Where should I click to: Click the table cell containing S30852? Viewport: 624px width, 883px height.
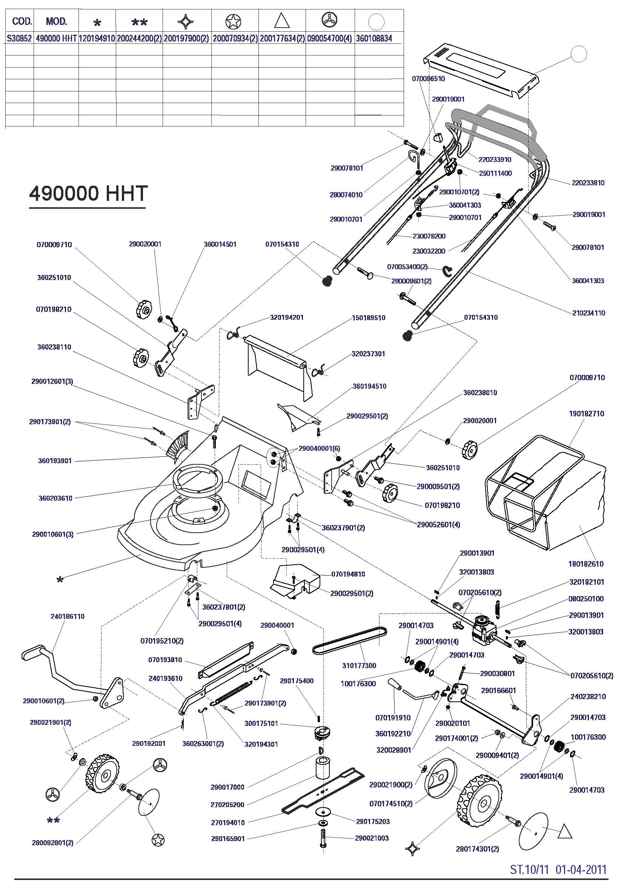pyautogui.click(x=19, y=39)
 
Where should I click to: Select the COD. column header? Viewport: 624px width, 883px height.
pyautogui.click(x=22, y=21)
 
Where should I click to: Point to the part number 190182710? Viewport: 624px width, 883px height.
pyautogui.click(x=586, y=414)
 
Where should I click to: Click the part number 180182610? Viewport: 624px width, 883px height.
pyautogui.click(x=586, y=564)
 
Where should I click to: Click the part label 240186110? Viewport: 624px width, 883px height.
pyautogui.click(x=67, y=616)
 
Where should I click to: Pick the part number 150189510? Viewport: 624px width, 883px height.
pyautogui.click(x=368, y=318)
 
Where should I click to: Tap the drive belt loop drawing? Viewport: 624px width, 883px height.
pyautogui.click(x=350, y=641)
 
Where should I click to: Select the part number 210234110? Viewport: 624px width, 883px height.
pyautogui.click(x=588, y=313)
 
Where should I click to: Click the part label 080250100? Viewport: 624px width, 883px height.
pyautogui.click(x=586, y=599)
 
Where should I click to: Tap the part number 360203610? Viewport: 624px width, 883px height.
pyautogui.click(x=55, y=498)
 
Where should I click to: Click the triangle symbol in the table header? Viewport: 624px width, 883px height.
pyautogui.click(x=282, y=21)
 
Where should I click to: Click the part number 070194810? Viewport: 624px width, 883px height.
pyautogui.click(x=348, y=574)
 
